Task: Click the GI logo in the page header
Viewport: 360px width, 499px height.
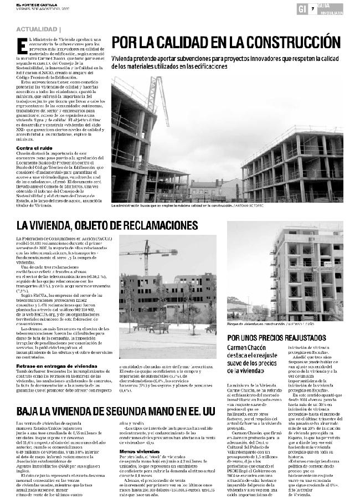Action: (302, 8)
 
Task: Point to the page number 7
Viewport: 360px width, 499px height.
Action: (313, 8)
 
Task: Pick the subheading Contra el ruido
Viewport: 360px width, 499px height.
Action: (34, 148)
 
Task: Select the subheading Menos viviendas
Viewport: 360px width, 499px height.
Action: (136, 451)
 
